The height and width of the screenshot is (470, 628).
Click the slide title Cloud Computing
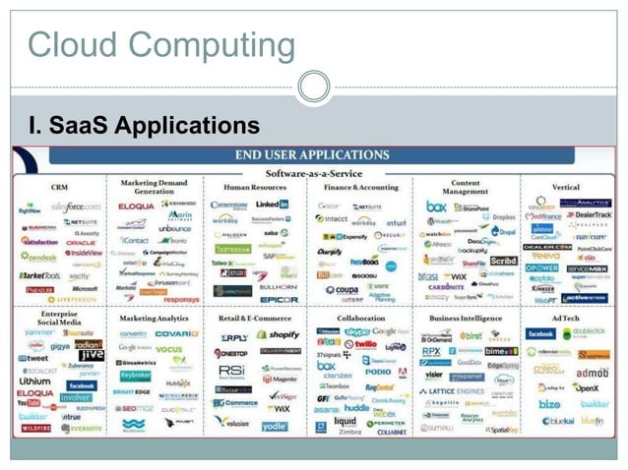160,44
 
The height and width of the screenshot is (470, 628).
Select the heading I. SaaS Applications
145,126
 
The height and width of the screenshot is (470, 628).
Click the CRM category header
59,186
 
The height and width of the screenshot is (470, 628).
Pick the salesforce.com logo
76,207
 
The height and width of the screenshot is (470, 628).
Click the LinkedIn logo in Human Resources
272,205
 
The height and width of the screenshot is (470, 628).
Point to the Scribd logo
503,261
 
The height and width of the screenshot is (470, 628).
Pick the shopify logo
280,335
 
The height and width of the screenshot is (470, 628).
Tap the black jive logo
92,356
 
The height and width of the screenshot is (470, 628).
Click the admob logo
592,374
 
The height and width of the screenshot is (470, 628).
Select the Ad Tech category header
565,319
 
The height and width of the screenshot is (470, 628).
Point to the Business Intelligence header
464,319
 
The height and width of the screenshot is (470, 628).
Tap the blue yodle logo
275,426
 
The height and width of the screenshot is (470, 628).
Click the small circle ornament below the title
313,87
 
